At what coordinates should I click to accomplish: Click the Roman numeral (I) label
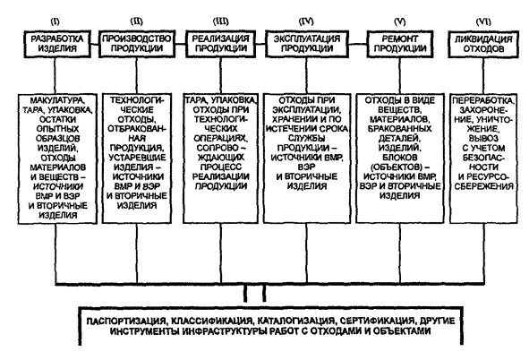pyautogui.click(x=55, y=21)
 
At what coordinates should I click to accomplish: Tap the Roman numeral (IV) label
pyautogui.click(x=306, y=21)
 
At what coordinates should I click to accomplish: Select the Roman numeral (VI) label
pyautogui.click(x=483, y=21)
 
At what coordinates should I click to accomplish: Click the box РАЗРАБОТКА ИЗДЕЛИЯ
pyautogui.click(x=57, y=44)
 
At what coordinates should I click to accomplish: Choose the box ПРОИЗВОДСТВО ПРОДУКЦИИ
pyautogui.click(x=137, y=44)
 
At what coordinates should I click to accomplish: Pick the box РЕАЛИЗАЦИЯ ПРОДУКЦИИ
pyautogui.click(x=221, y=44)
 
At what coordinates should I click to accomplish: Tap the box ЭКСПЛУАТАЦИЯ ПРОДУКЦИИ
pyautogui.click(x=307, y=44)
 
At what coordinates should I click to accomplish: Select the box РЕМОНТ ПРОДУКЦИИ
pyautogui.click(x=400, y=44)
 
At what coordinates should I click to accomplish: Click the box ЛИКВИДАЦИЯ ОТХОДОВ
pyautogui.click(x=483, y=44)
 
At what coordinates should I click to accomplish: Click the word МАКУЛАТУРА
pyautogui.click(x=57, y=100)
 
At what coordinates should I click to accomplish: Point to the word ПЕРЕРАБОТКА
pyautogui.click(x=483, y=100)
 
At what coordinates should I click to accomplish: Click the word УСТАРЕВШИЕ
pyautogui.click(x=137, y=158)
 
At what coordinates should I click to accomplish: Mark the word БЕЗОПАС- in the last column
pyautogui.click(x=483, y=158)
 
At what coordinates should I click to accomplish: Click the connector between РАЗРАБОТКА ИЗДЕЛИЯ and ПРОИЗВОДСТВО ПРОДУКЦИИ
pyautogui.click(x=95, y=44)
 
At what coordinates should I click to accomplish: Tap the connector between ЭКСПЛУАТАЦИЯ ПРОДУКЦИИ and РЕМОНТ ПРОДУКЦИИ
pyautogui.click(x=358, y=44)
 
